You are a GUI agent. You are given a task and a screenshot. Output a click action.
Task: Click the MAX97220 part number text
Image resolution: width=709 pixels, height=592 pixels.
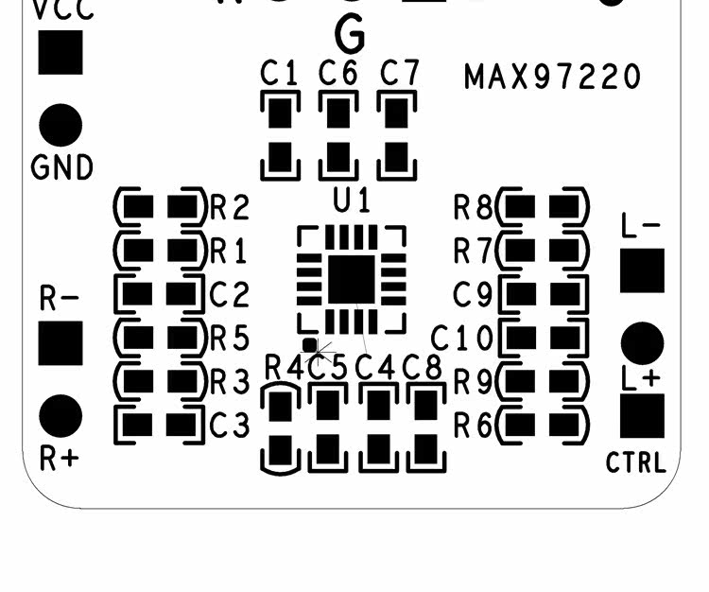pyautogui.click(x=552, y=77)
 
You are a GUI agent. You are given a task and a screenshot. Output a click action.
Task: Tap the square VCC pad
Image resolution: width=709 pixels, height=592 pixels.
pyautogui.click(x=61, y=52)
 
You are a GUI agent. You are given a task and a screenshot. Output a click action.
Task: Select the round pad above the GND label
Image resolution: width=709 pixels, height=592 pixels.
pyautogui.click(x=61, y=125)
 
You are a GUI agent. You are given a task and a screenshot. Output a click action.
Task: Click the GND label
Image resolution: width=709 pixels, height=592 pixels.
pyautogui.click(x=62, y=168)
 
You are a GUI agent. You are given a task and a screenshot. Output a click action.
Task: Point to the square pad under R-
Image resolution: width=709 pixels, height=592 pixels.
pyautogui.click(x=61, y=342)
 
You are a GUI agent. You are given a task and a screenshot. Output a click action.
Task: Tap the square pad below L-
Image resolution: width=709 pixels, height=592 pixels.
pyautogui.click(x=642, y=270)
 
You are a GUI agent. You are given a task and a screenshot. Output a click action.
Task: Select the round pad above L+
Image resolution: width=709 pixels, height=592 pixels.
pyautogui.click(x=642, y=342)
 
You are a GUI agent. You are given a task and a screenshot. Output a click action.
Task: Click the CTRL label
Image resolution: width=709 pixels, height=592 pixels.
pyautogui.click(x=636, y=463)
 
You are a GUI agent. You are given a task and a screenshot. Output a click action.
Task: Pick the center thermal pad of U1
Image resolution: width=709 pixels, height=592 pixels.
pyautogui.click(x=352, y=279)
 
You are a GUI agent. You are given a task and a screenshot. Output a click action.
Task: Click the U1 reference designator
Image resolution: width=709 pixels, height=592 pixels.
pyautogui.click(x=352, y=201)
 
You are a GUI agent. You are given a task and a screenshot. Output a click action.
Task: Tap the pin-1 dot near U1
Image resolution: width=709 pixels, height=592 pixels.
pyautogui.click(x=309, y=346)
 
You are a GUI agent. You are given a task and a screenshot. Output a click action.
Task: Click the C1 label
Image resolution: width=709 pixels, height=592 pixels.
pyautogui.click(x=280, y=74)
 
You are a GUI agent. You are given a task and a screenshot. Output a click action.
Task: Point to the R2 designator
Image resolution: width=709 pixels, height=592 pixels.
pyautogui.click(x=229, y=207)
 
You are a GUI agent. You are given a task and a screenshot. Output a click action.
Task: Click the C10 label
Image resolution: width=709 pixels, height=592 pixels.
pyautogui.click(x=462, y=338)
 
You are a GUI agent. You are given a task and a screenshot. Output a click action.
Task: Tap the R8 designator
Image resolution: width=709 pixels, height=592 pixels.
pyautogui.click(x=474, y=207)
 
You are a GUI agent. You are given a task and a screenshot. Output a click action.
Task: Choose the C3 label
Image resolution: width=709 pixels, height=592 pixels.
pyautogui.click(x=229, y=427)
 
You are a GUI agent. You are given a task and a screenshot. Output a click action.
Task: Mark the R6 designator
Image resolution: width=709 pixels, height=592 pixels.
pyautogui.click(x=474, y=427)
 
